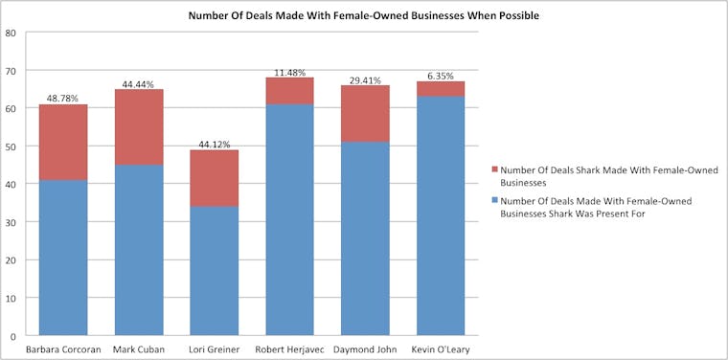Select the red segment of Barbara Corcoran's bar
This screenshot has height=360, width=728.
point(62,143)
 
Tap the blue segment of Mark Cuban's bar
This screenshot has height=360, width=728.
point(138,251)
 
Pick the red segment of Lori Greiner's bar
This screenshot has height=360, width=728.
point(214,178)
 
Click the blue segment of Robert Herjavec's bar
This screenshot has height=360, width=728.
point(289,220)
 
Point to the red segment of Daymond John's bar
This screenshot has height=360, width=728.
point(365,114)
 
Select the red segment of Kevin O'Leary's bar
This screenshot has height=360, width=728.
point(441,89)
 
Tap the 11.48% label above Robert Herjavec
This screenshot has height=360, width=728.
point(289,72)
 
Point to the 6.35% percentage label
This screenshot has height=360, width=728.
point(441,76)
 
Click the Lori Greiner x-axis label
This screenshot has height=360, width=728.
point(214,349)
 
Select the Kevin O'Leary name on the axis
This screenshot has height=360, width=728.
point(441,349)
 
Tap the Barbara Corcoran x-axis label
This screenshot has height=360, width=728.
point(62,349)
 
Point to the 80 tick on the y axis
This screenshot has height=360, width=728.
point(11,33)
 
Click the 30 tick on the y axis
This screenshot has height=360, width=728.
point(11,222)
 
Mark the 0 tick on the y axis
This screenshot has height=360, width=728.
point(13,336)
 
